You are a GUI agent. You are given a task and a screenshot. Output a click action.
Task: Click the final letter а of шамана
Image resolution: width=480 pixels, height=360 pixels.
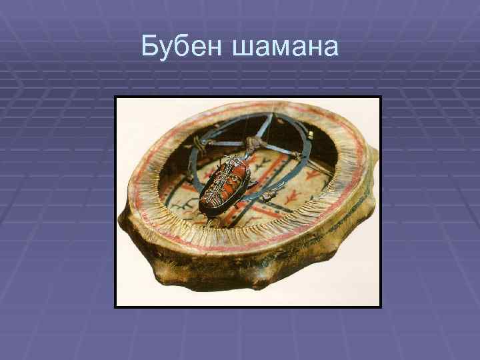tap(331, 49)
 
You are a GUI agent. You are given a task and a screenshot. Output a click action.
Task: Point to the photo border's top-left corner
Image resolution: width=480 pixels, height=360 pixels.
tap(115, 97)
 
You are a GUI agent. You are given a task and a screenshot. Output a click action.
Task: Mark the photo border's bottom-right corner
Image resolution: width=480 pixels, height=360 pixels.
tap(380, 307)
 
